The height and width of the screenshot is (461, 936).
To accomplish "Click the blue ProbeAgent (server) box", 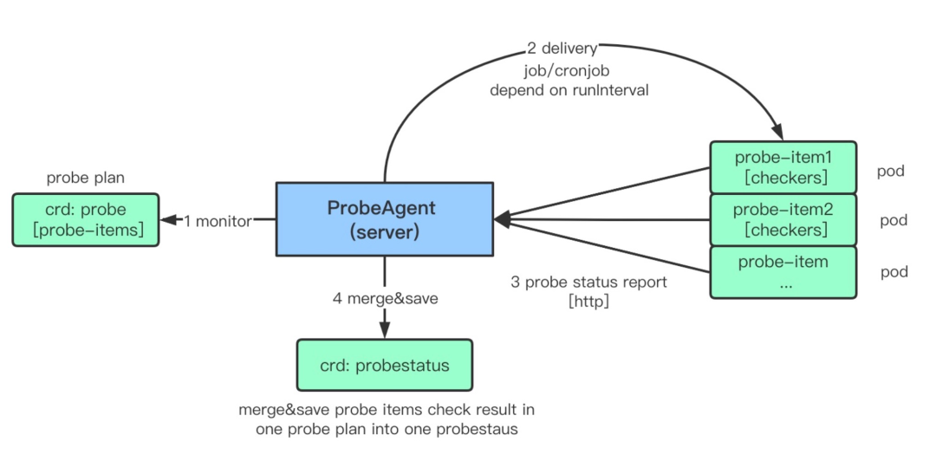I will (385, 219).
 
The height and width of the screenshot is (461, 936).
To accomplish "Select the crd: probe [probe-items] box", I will (86, 219).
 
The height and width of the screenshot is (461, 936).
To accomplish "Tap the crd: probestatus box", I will (385, 365).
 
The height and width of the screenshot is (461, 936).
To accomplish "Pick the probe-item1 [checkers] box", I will (783, 167).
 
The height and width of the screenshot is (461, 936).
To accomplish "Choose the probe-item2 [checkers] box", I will (783, 219).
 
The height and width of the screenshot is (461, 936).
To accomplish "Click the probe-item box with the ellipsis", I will (783, 272).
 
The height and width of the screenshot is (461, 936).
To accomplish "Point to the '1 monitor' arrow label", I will (218, 221).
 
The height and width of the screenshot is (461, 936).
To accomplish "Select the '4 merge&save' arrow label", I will (385, 297).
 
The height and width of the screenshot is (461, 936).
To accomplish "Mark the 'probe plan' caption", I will (86, 178).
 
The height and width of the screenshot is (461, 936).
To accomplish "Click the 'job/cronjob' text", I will (569, 69).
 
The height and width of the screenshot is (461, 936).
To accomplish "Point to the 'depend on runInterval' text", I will (569, 90).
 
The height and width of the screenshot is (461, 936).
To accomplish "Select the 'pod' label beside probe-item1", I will (892, 171).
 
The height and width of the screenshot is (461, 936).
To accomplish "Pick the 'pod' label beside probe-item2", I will (894, 221).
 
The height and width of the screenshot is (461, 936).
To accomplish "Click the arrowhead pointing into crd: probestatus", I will (385, 329).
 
